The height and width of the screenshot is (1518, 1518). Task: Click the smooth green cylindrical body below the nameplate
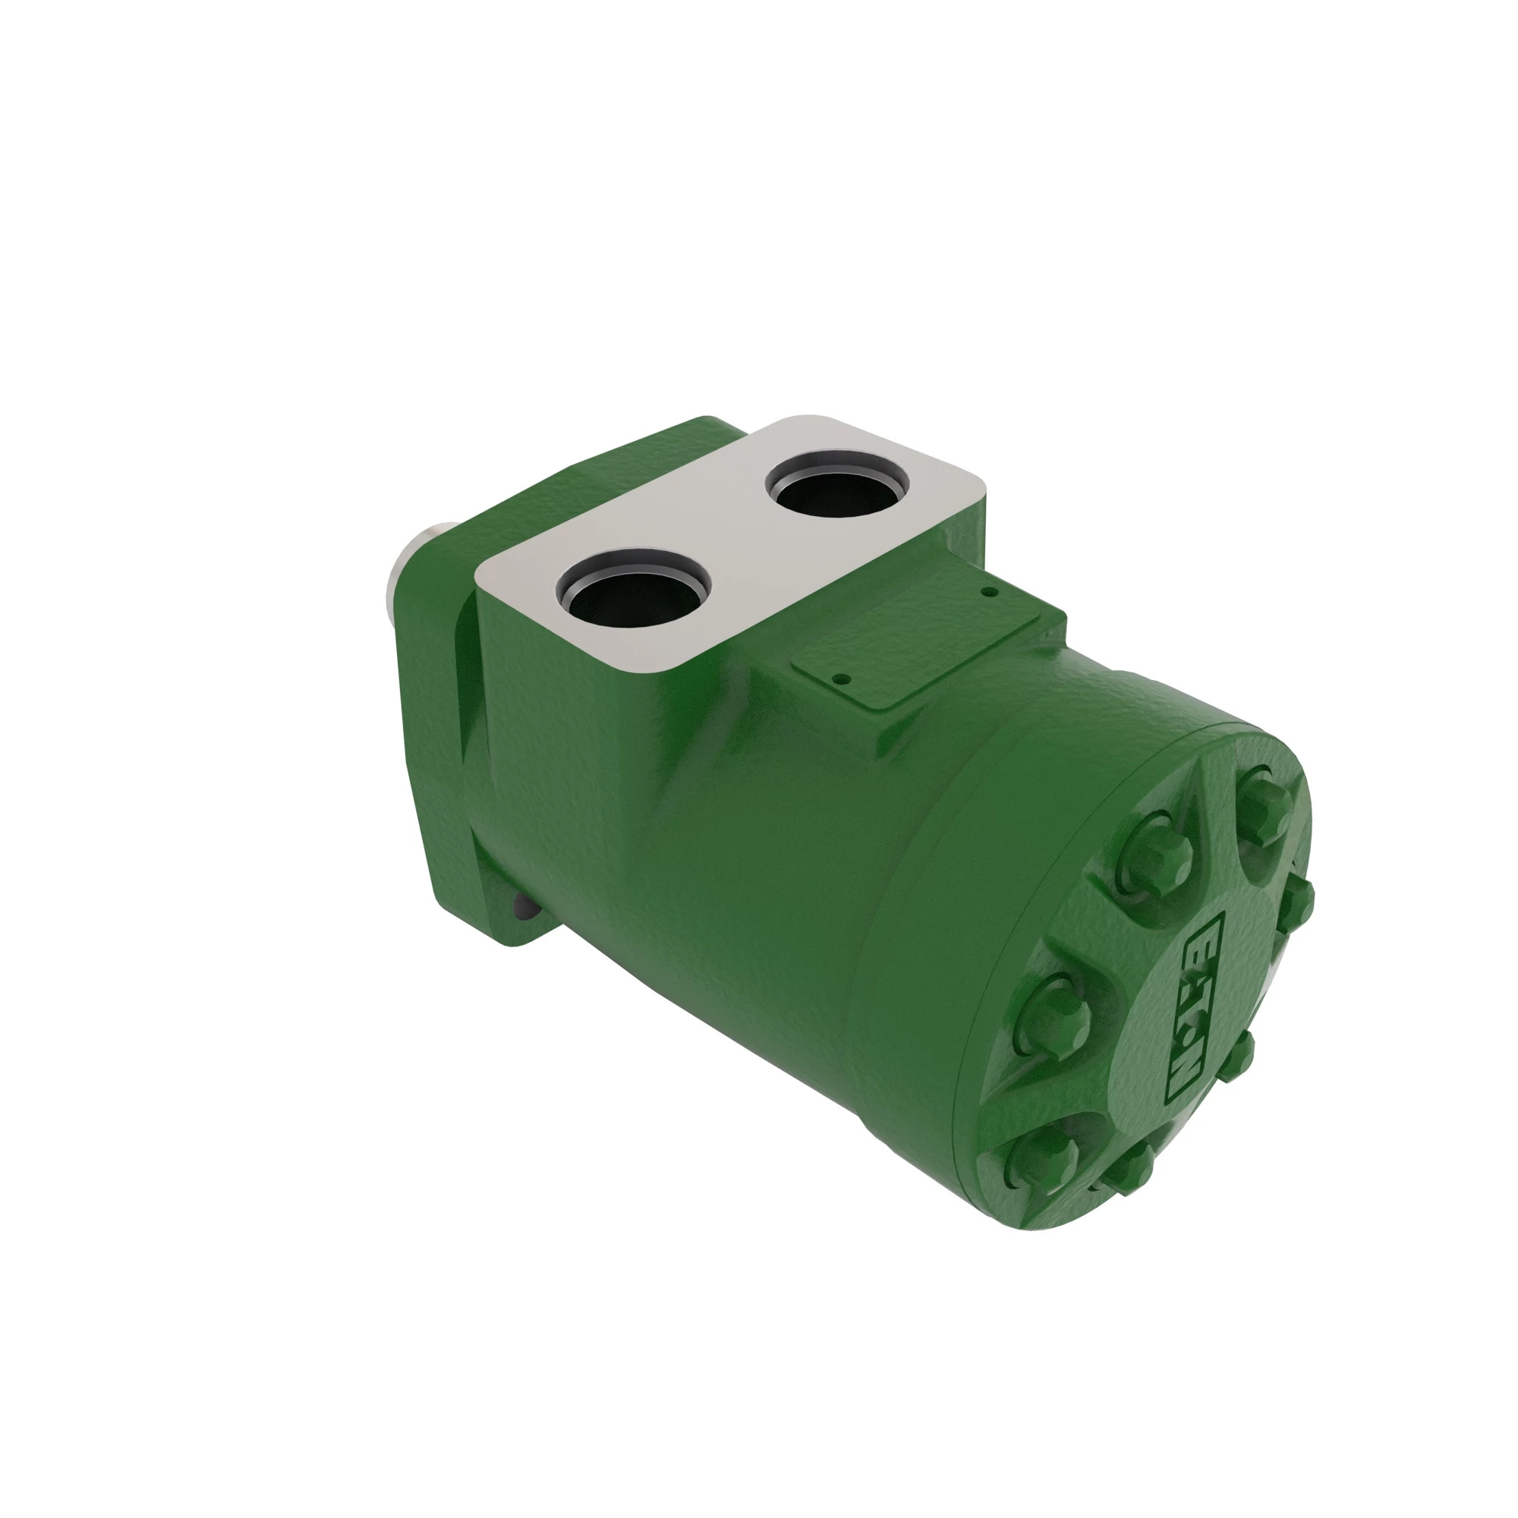[x=786, y=865]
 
